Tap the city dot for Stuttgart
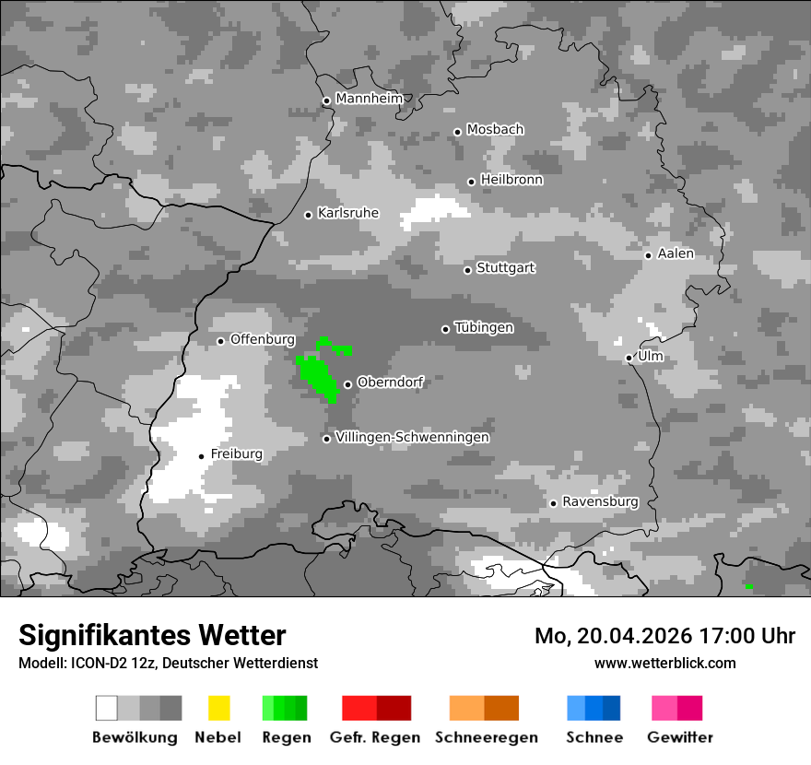click(x=468, y=270)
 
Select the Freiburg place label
click(x=236, y=454)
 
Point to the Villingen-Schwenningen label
click(x=412, y=437)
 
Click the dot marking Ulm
click(x=629, y=358)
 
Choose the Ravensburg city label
click(x=600, y=501)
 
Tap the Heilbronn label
click(x=511, y=180)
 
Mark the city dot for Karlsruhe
click(x=309, y=215)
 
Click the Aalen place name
click(x=676, y=253)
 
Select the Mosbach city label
click(x=495, y=130)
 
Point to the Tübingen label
click(x=484, y=327)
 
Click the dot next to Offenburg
click(x=221, y=341)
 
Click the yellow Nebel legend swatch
click(x=218, y=708)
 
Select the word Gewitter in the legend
click(x=679, y=737)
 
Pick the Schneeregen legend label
click(x=487, y=737)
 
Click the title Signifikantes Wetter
click(x=152, y=635)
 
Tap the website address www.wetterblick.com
click(x=664, y=663)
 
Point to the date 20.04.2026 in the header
click(x=623, y=636)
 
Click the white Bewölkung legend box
click(x=107, y=708)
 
